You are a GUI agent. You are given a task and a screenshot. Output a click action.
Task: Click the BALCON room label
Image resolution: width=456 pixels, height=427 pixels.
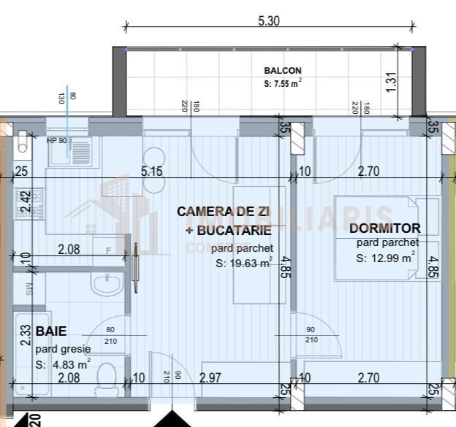282,71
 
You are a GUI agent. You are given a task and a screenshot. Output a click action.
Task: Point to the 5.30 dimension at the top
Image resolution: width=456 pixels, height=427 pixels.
269,21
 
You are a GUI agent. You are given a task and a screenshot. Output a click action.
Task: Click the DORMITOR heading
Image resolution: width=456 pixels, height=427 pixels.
389,228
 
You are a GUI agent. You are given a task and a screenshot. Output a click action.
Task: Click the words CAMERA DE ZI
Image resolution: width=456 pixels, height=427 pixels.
224,212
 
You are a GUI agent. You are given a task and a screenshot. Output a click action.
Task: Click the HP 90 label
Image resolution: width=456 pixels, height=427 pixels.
57,140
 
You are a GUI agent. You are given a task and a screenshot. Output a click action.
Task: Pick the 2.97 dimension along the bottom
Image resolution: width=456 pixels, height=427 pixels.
210,377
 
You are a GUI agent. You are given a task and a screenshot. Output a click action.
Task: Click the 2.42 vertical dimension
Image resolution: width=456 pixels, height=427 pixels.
25,200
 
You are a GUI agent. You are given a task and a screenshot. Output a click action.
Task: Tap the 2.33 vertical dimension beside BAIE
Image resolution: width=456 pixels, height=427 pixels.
25,335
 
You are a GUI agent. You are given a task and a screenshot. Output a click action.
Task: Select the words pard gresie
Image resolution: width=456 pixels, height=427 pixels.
63,349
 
